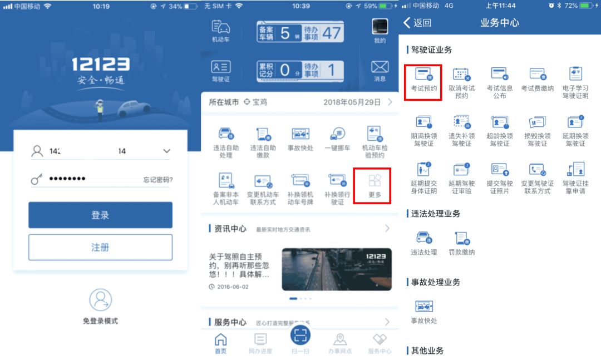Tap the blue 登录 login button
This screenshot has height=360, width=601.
coord(100,215)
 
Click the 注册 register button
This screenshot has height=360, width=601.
coord(100,247)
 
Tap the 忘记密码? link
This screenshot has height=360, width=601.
coord(158,180)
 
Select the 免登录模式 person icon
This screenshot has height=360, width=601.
coord(100,300)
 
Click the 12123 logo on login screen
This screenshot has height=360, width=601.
coord(100,65)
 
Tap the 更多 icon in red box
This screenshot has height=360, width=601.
coord(375,185)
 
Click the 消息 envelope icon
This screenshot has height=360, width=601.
coord(380,71)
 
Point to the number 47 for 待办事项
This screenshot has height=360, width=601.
coord(331,32)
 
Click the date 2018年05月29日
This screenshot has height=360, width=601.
coord(352,102)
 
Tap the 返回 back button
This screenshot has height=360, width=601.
coord(417,23)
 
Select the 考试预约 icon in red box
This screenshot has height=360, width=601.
coord(423,82)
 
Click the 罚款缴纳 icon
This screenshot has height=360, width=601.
coord(461,244)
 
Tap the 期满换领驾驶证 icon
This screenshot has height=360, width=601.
coord(423,130)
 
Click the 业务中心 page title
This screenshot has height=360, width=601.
coord(499,23)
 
